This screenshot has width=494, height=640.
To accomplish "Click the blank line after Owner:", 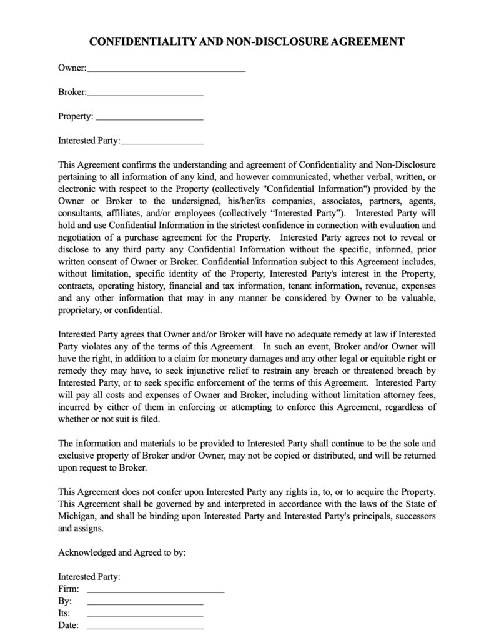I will tap(166, 69).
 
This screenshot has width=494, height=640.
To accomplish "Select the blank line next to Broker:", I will tap(145, 93).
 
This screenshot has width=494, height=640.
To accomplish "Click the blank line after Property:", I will tap(149, 117).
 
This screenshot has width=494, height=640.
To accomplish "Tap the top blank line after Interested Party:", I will tap(162, 141).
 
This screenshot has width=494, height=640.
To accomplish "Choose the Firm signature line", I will tap(156, 589).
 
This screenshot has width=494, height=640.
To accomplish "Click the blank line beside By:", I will tap(145, 601).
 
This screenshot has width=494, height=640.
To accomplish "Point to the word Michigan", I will tap(77, 516).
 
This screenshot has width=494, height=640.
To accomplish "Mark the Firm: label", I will tap(69, 589).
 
